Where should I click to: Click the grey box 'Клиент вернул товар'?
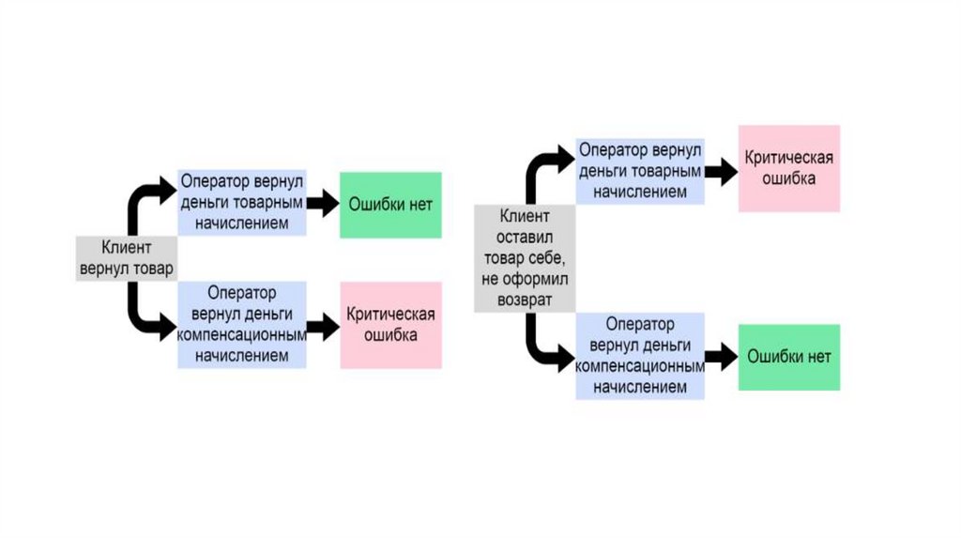(x=126, y=258)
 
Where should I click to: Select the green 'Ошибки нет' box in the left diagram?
(x=390, y=205)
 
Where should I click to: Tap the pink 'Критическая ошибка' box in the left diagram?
(x=390, y=325)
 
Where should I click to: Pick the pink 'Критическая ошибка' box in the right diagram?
(x=789, y=168)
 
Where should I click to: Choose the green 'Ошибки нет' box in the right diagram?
(x=789, y=357)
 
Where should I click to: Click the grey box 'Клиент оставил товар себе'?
(x=526, y=258)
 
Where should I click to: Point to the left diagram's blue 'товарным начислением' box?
(x=242, y=203)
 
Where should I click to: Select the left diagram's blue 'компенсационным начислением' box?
(x=242, y=325)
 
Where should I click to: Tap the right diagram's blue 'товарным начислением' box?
(x=640, y=171)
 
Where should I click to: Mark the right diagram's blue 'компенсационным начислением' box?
(x=640, y=356)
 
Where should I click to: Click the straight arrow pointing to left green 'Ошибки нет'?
(x=322, y=203)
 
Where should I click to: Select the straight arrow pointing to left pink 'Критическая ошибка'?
(x=322, y=326)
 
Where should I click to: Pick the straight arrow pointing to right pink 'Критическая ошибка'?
(x=721, y=171)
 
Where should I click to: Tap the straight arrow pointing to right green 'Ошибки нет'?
(x=721, y=356)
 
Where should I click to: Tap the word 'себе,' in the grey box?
(x=543, y=259)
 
